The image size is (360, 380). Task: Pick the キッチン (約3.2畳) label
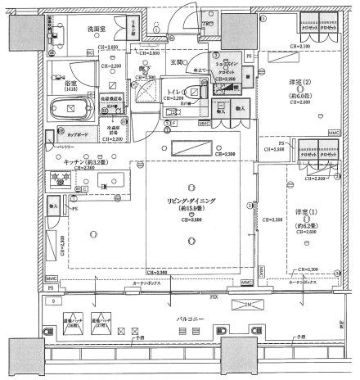tap(80, 162)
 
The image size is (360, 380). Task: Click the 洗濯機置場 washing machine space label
tap(110, 97)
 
